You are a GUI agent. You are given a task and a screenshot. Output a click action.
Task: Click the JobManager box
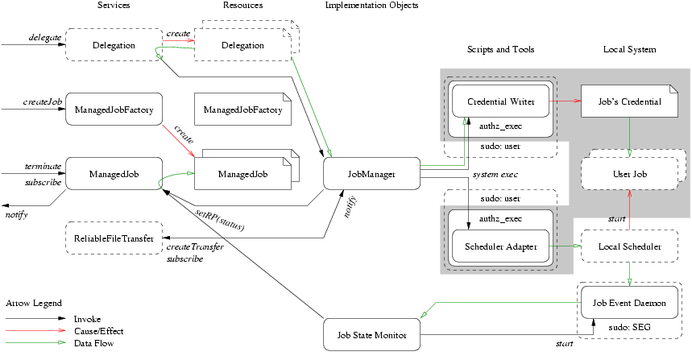tap(371, 173)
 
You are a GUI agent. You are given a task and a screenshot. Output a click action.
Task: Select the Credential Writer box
tap(500, 101)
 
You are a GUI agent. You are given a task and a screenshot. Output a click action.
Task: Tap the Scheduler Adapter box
tap(500, 247)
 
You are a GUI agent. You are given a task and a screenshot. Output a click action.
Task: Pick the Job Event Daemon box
tap(629, 303)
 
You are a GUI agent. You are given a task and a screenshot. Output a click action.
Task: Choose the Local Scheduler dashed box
tap(628, 246)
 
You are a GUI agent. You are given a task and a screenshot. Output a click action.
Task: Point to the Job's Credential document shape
tap(629, 101)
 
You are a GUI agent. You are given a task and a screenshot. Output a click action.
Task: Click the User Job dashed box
tap(629, 173)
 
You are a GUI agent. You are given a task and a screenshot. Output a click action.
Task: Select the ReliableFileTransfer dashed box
tap(114, 238)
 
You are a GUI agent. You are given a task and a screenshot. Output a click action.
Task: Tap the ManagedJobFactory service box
tap(114, 109)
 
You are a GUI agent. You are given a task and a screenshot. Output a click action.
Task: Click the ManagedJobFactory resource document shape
tap(242, 109)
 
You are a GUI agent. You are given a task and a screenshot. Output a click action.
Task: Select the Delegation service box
tap(114, 45)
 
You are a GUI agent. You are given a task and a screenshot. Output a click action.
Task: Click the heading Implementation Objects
tap(371, 6)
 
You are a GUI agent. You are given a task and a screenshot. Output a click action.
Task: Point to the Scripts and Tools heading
tap(500, 50)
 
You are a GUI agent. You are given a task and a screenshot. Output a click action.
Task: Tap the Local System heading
tap(629, 50)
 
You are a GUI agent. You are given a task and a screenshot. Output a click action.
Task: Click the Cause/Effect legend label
tap(97, 331)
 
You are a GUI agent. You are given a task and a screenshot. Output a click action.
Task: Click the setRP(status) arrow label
tap(220, 220)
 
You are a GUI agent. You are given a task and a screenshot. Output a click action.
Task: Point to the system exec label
tap(495, 174)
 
